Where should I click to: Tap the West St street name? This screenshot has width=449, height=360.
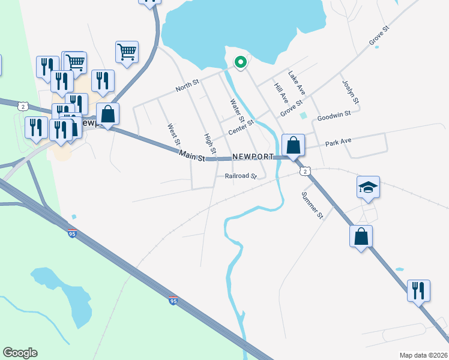pos(173,136)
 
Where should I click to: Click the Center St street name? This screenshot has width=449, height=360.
pos(241,127)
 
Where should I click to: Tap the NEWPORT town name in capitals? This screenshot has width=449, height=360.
pos(253,157)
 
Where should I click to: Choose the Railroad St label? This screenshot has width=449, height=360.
pos(241,176)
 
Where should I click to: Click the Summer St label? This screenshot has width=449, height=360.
pos(312,205)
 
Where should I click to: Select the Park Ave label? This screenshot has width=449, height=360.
pos(338,142)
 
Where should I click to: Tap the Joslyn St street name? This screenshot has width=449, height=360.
pos(351,92)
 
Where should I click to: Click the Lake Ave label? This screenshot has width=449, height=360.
pos(297,83)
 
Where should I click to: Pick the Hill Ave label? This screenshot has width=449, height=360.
pos(281,95)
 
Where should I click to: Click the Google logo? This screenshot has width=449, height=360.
pos(20,353)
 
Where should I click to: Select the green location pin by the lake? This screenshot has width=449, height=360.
pos(240,62)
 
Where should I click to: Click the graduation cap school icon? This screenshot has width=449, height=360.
pos(368,187)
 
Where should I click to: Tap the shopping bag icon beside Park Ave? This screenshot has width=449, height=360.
pos(293,145)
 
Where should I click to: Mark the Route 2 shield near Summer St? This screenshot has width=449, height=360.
pos(306,171)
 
